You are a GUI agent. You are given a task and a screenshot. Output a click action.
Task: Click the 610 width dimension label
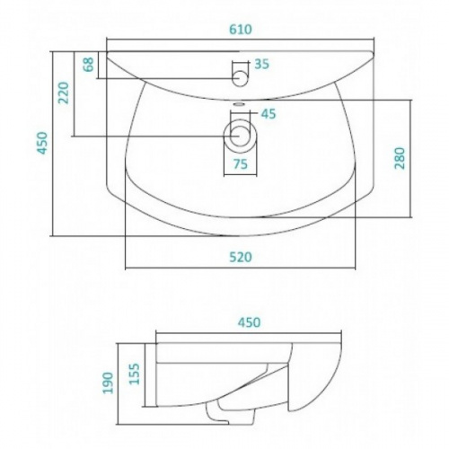point(241,30)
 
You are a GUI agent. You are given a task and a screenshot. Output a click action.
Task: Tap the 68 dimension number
point(89,65)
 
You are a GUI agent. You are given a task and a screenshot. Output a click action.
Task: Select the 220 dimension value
point(64,92)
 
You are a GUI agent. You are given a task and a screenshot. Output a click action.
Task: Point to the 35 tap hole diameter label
point(262,64)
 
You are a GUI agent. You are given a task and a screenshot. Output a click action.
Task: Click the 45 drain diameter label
point(269,114)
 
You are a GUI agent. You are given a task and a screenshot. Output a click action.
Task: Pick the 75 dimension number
point(241,164)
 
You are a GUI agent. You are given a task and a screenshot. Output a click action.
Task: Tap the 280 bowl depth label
point(400,158)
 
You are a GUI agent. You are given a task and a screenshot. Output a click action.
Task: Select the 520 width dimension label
point(241,258)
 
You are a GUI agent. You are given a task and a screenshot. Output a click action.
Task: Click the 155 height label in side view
point(135,374)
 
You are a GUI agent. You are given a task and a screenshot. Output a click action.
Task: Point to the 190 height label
point(108,383)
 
